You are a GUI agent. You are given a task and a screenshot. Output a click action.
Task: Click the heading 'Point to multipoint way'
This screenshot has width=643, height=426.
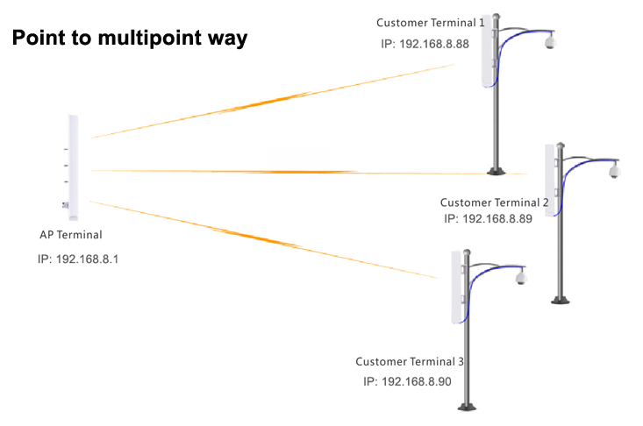[130, 38]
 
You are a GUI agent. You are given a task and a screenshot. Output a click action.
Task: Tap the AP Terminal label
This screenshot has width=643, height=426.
[70, 235]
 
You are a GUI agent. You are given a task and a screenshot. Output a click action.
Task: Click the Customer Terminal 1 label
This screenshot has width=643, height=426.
[430, 23]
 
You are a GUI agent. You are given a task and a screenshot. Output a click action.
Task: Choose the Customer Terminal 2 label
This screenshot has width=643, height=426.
[494, 202]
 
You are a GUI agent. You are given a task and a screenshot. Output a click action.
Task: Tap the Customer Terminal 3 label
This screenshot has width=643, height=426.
[410, 361]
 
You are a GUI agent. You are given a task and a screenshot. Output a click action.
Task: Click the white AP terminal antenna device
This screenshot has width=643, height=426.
[73, 167]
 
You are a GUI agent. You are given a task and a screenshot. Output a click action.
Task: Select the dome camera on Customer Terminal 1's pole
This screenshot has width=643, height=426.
[550, 41]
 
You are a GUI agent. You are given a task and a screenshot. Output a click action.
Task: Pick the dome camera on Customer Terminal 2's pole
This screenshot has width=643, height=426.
[614, 170]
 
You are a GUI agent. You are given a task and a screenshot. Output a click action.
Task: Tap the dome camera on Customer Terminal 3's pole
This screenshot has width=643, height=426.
[521, 277]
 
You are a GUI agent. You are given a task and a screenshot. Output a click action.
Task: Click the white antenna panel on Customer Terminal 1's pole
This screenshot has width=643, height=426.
[487, 51]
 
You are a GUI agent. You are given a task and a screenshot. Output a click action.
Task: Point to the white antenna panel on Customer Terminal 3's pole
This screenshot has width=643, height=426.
[456, 287]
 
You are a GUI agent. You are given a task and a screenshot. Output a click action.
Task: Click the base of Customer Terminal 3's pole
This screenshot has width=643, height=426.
[467, 407]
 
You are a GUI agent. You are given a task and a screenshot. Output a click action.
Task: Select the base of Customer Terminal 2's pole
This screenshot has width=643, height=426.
[561, 301]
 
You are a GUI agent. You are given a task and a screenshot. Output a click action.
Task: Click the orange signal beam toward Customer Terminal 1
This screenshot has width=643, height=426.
[272, 101]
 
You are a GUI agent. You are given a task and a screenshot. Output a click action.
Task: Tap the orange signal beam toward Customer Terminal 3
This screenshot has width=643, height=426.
[264, 239]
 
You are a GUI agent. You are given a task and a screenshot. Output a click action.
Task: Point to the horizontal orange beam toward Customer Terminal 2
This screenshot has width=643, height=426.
[309, 172]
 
